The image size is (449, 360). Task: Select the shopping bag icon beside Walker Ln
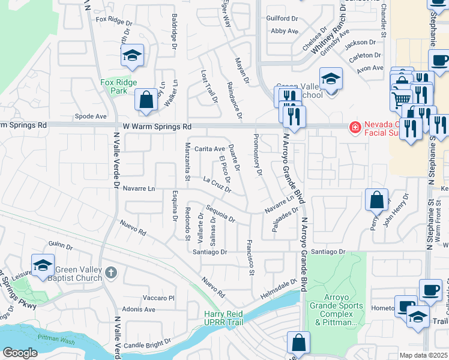tap(146, 100)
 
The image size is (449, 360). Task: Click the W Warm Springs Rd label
tap(157, 127)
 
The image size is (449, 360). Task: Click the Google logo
tap(20, 353)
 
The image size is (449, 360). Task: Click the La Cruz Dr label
tap(217, 185)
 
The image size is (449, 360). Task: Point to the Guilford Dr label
tap(282, 19)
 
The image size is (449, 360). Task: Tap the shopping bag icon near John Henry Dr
tap(376, 200)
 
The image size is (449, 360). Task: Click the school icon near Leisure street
tap(43, 265)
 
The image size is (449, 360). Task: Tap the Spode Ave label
tap(90, 116)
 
